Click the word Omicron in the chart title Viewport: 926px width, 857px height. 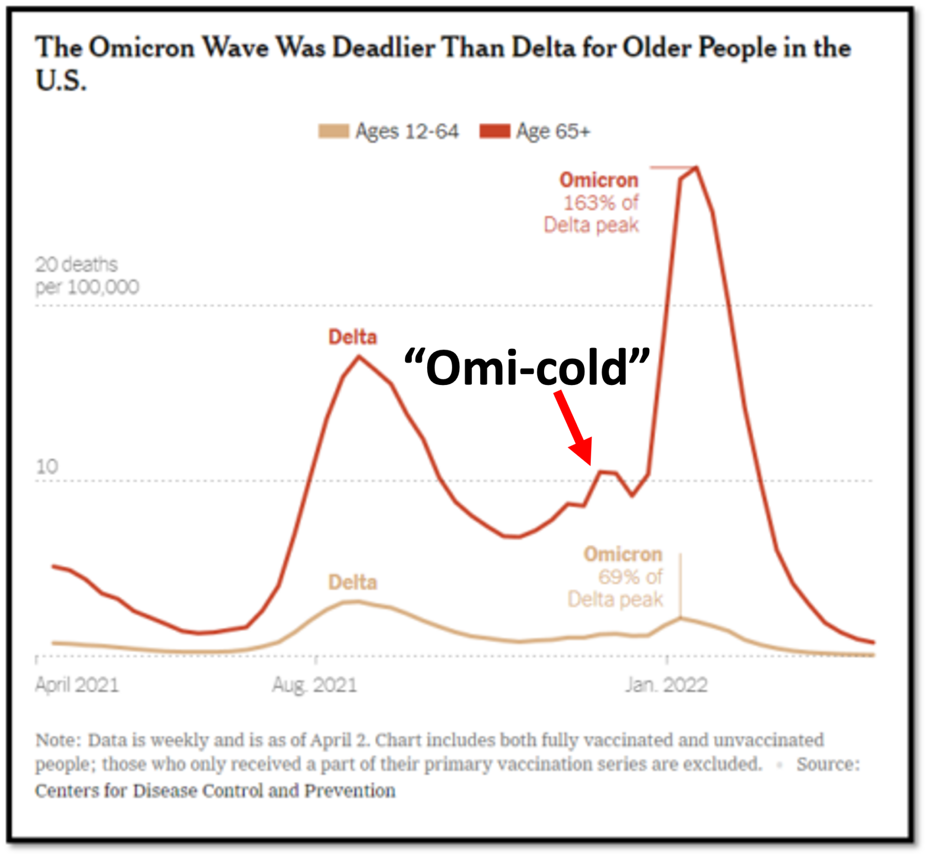142,48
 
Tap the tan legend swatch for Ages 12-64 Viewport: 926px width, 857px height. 333,131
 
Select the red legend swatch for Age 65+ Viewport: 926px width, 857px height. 494,131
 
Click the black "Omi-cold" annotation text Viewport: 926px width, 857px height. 527,369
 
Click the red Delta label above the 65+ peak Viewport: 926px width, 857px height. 353,337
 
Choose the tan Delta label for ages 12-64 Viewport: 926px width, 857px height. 353,582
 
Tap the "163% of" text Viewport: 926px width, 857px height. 601,203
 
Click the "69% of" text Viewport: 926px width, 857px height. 630,577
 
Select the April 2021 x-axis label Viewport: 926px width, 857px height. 77,685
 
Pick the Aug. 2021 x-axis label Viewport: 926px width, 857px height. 314,685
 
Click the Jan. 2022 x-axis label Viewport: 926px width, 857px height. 666,685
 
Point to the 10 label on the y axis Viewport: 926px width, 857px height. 47,467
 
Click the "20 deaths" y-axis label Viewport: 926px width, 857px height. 76,264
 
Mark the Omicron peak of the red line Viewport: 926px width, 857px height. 696,168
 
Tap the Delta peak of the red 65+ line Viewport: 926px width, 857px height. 359,357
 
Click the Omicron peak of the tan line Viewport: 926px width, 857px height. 681,618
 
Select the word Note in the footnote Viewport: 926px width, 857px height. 55,740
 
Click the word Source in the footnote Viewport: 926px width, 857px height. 828,764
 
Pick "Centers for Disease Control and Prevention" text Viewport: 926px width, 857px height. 215,791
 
